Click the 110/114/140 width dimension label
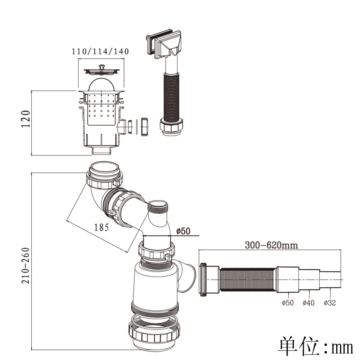pos(100,51)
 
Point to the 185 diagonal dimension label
pos(102,227)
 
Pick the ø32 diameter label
pos(329,303)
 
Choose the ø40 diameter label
pos(308,303)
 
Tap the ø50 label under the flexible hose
pos(287,303)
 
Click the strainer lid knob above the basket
pos(102,67)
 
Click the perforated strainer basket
pos(102,108)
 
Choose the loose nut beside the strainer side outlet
pos(144,126)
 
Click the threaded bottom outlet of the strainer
pos(101,150)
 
